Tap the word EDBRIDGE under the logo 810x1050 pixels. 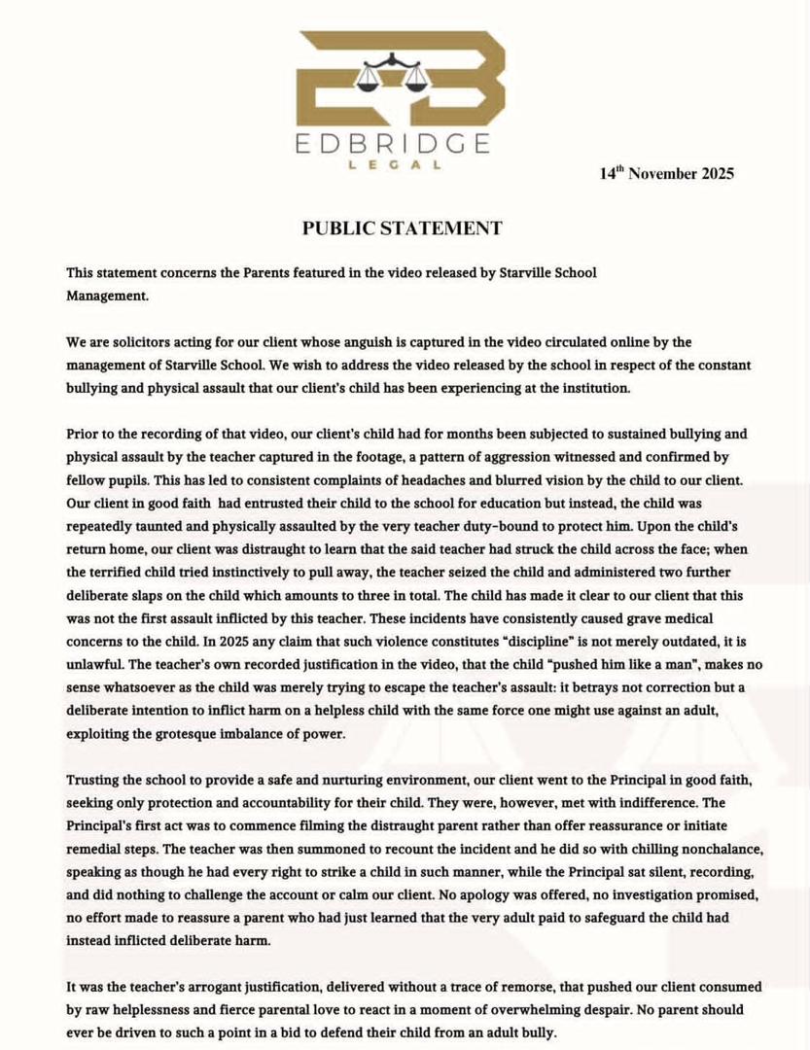click(395, 144)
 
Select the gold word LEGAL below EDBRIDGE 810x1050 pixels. click(395, 165)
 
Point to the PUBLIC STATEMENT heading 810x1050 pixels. click(402, 228)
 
